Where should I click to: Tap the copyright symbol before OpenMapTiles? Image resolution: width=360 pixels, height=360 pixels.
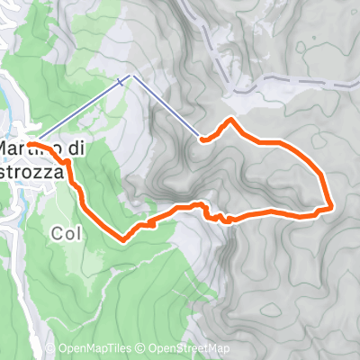tap(63, 349)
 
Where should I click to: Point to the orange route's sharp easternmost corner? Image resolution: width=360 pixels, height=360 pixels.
tap(331, 206)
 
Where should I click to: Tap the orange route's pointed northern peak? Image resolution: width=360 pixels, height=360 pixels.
tap(232, 120)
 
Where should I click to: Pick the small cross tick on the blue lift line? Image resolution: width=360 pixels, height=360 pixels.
tap(119, 83)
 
